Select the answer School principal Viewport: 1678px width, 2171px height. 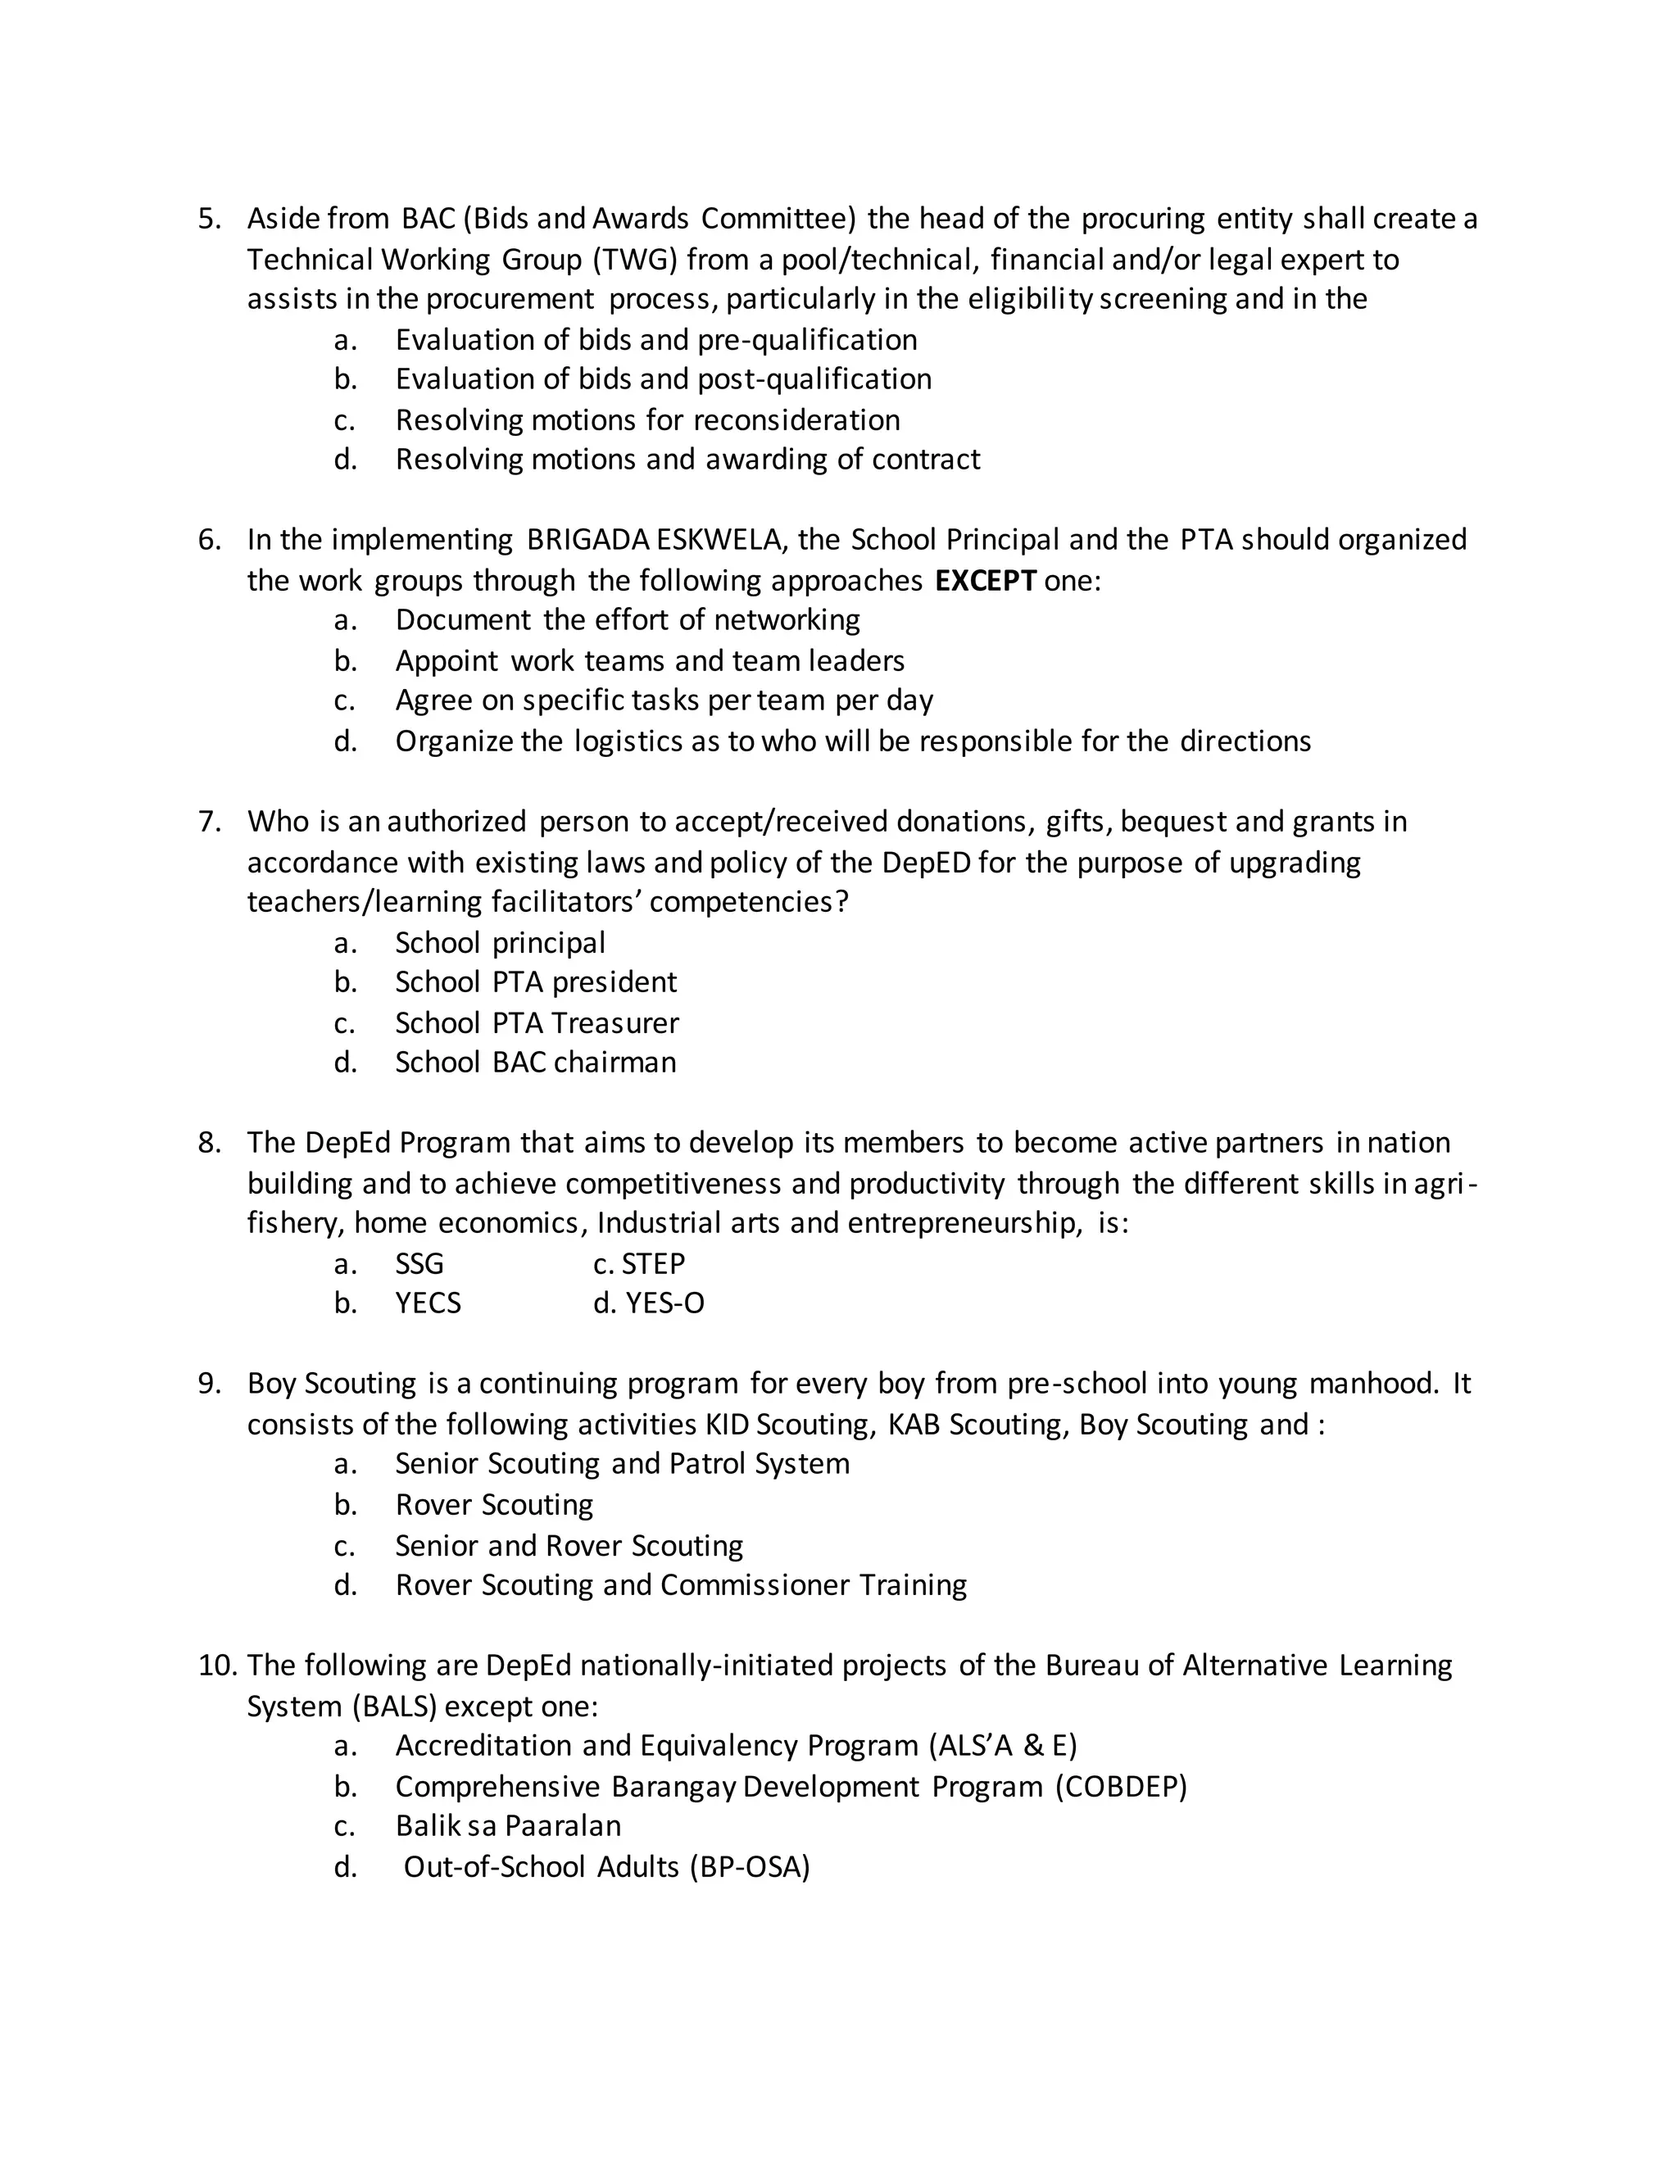pos(500,942)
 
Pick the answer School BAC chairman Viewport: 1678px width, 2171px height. pos(536,1063)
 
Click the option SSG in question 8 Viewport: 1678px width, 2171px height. pos(419,1264)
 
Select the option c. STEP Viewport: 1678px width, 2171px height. pos(639,1264)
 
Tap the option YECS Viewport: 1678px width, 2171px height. pos(429,1304)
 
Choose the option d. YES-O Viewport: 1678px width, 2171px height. pos(649,1304)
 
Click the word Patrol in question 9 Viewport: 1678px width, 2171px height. pos(707,1464)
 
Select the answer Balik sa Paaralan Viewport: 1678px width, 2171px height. pos(508,1826)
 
